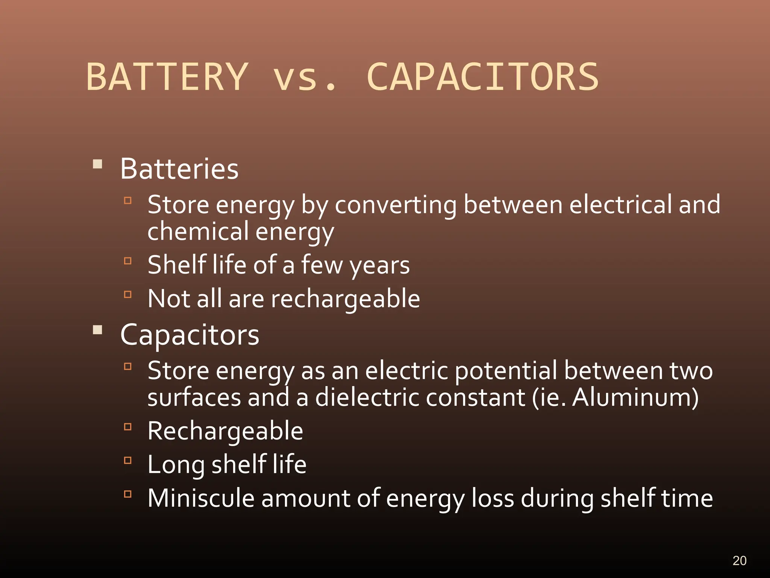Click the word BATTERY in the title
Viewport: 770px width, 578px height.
click(167, 77)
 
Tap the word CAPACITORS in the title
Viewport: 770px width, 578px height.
click(482, 77)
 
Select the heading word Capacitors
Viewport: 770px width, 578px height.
click(189, 335)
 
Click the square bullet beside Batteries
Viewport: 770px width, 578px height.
click(98, 164)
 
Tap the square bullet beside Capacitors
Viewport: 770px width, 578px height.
click(98, 330)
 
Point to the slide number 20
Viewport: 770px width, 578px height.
click(739, 561)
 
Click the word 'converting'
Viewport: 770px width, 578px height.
click(396, 205)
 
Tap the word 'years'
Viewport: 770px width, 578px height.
click(380, 266)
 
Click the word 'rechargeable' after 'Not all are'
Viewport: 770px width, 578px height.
click(345, 299)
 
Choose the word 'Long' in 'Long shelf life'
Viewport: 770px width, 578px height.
click(176, 465)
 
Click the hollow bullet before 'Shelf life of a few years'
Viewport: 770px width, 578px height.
click(128, 261)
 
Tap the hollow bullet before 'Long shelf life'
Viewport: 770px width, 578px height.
click(128, 460)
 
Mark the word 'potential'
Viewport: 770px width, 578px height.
click(506, 371)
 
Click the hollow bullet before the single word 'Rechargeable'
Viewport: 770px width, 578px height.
click(128, 427)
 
